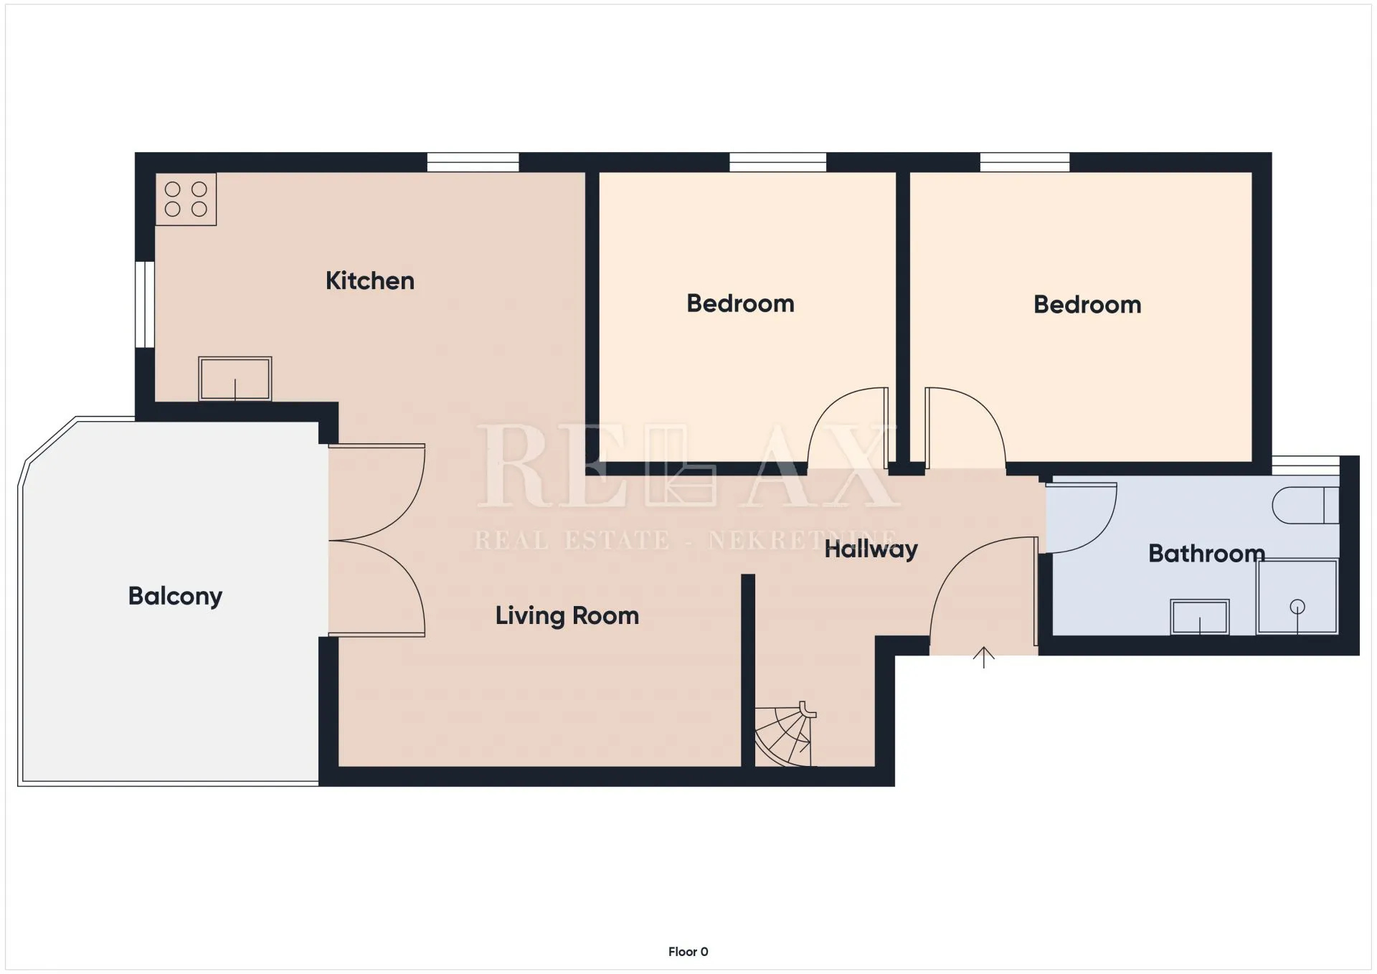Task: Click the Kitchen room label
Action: pyautogui.click(x=370, y=280)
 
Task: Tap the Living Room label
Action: pyautogui.click(x=567, y=615)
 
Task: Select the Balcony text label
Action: pyautogui.click(x=175, y=596)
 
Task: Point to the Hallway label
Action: pyautogui.click(x=871, y=549)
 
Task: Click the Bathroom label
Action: pyautogui.click(x=1206, y=553)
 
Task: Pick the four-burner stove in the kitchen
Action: pyautogui.click(x=186, y=199)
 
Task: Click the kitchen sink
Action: pyautogui.click(x=235, y=379)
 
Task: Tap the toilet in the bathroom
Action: pyautogui.click(x=1305, y=506)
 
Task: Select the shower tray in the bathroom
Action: pyautogui.click(x=1297, y=597)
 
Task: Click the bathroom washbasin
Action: pyautogui.click(x=1200, y=617)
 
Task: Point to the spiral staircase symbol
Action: pyautogui.click(x=785, y=734)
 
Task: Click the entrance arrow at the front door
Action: pyautogui.click(x=983, y=657)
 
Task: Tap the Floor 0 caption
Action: pyautogui.click(x=688, y=952)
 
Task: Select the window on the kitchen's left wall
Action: pyautogui.click(x=145, y=305)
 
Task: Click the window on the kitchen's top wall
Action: pyautogui.click(x=473, y=162)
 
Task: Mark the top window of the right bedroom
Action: pyautogui.click(x=1025, y=162)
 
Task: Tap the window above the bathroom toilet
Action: pyautogui.click(x=1306, y=465)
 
